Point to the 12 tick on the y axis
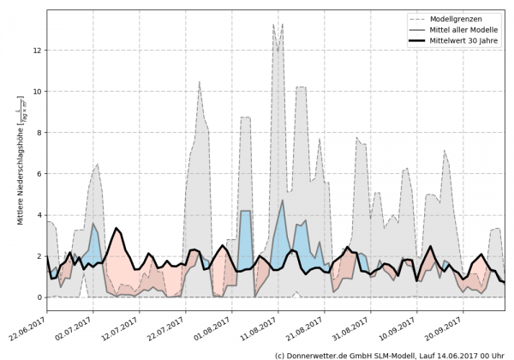coord(38,51)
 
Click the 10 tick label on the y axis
coord(38,92)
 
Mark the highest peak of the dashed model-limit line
coord(273,24)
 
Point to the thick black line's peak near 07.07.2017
coord(116,228)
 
